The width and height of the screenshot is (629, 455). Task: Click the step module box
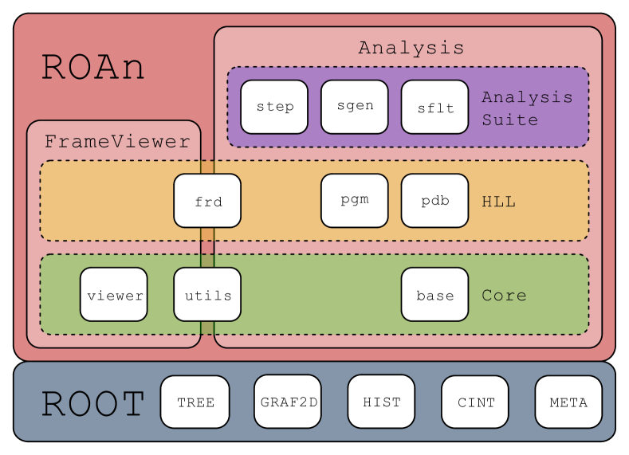pos(274,107)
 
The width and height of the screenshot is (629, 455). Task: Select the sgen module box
pos(355,107)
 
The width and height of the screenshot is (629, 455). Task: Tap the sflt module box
pos(434,107)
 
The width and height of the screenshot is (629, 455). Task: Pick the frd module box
pos(207,201)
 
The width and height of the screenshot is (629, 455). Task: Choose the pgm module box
pos(355,201)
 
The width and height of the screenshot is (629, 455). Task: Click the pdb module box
pos(434,201)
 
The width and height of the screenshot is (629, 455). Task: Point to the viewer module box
pos(114,294)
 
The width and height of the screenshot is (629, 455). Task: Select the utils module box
pos(207,294)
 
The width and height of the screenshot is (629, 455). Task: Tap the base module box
pos(434,294)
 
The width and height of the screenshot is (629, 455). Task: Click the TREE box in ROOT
pos(195,402)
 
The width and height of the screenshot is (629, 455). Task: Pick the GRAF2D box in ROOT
pos(288,402)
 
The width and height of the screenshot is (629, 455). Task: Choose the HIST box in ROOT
pos(382,402)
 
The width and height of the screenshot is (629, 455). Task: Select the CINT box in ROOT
pos(475,402)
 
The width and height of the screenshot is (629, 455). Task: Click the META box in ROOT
pos(569,402)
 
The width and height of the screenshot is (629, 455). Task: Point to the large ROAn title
pos(93,68)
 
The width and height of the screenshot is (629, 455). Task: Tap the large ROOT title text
pos(93,403)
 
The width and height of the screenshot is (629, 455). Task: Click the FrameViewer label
pos(117,142)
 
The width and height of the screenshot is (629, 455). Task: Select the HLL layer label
pos(498,202)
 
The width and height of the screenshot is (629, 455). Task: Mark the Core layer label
pos(505,296)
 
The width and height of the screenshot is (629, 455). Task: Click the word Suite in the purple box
pos(510,120)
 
